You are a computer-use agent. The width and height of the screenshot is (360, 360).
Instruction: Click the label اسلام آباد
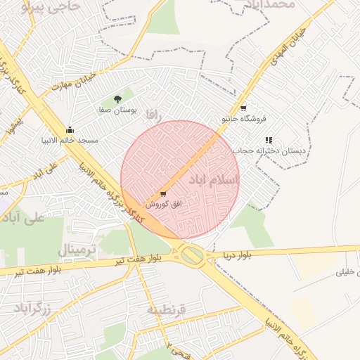214,181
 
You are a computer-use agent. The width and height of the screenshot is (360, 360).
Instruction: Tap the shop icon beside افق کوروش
163,193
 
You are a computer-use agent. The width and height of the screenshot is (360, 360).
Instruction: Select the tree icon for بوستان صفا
117,99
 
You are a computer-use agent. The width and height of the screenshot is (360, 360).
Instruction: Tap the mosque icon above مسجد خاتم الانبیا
70,130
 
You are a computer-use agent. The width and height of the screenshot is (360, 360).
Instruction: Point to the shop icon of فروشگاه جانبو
243,108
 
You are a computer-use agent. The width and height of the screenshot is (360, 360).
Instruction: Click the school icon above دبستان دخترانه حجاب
269,141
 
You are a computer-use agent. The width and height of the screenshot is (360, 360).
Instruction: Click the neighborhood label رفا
154,113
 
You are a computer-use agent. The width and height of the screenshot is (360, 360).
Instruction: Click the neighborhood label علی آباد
24,217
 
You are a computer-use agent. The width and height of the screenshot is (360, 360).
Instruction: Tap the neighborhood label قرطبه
166,309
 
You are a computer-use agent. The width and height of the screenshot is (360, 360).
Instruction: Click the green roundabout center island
192,255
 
